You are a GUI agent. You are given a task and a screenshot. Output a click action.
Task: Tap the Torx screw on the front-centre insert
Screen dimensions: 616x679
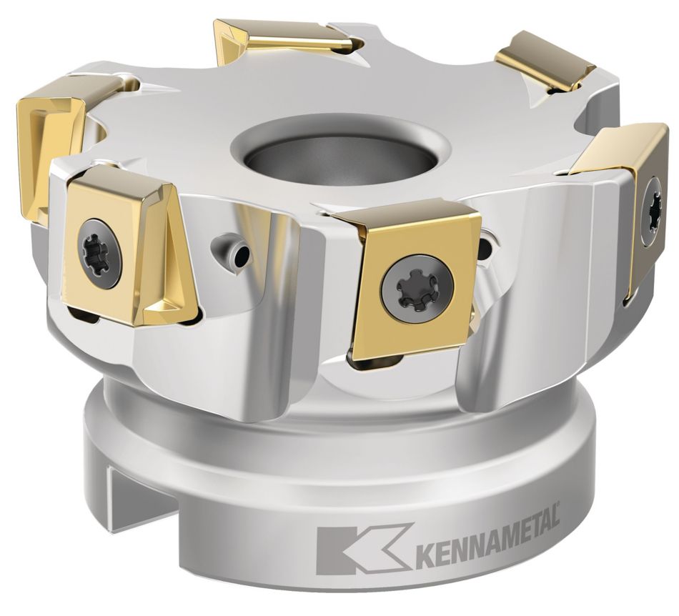click(x=417, y=285)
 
